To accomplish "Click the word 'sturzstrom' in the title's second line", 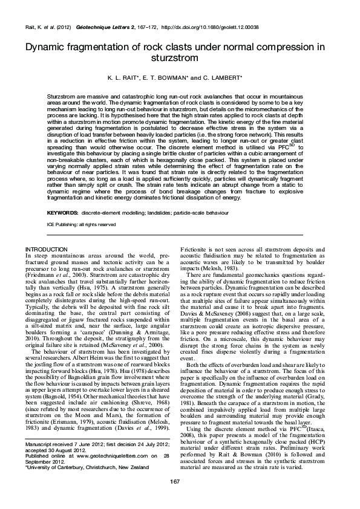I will pos(180,58).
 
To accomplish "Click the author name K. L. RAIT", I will pos(125,78).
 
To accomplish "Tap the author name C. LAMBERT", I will pos(224,78).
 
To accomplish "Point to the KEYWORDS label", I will pos(62,213).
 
